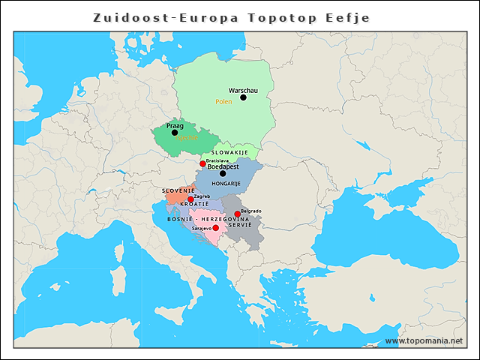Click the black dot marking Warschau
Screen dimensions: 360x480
243,97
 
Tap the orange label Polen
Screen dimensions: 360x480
223,101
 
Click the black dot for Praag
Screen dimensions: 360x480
175,133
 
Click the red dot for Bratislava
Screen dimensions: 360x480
202,163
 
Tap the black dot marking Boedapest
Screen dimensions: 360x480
223,173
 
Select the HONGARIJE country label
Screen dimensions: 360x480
226,183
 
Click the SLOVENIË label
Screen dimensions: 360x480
178,190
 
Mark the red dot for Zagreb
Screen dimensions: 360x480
190,199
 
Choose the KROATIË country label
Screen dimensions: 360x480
194,205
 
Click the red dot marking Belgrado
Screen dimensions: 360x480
238,214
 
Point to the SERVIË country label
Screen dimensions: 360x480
240,225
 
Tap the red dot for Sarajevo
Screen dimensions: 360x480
216,228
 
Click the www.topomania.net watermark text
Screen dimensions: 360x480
424,341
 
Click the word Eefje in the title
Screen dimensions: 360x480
349,17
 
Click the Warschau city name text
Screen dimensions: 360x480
243,90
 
